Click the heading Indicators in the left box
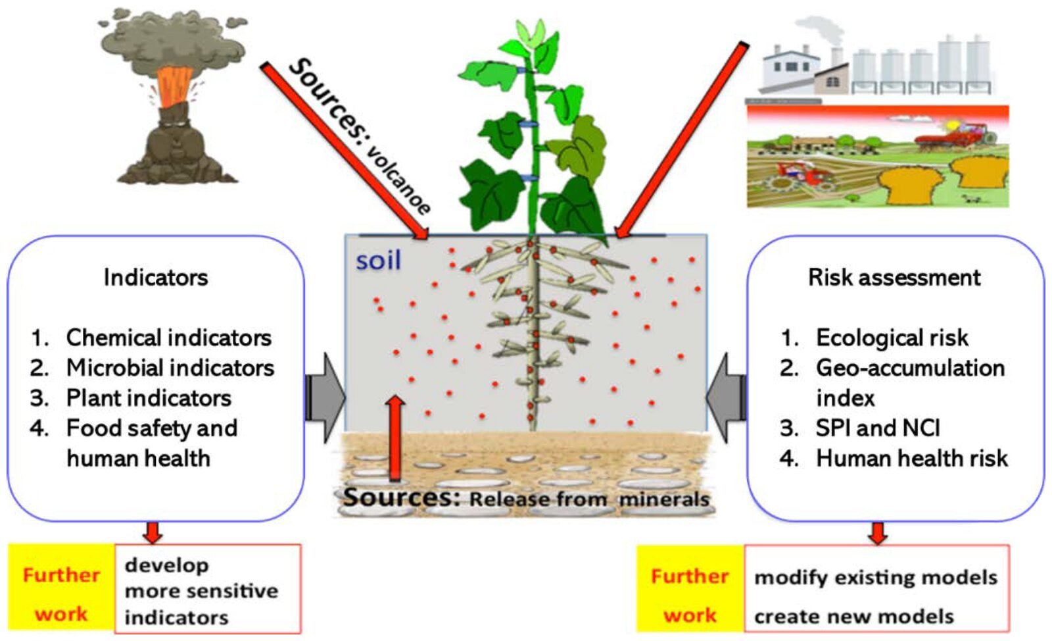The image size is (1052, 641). pyautogui.click(x=156, y=277)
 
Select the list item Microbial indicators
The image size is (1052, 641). pyautogui.click(x=170, y=367)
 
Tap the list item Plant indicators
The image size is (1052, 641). pyautogui.click(x=149, y=397)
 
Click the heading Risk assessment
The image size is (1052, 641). pyautogui.click(x=894, y=277)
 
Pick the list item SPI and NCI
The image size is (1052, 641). pyautogui.click(x=878, y=428)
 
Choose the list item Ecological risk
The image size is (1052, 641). pyautogui.click(x=892, y=338)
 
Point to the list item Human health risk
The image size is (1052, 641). pyautogui.click(x=911, y=458)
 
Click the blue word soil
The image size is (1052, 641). pyautogui.click(x=378, y=261)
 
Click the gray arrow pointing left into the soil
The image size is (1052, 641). pyautogui.click(x=727, y=397)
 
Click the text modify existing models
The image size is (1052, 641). pyautogui.click(x=875, y=577)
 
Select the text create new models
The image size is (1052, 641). pyautogui.click(x=853, y=616)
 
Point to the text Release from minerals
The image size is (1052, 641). pyautogui.click(x=589, y=499)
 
